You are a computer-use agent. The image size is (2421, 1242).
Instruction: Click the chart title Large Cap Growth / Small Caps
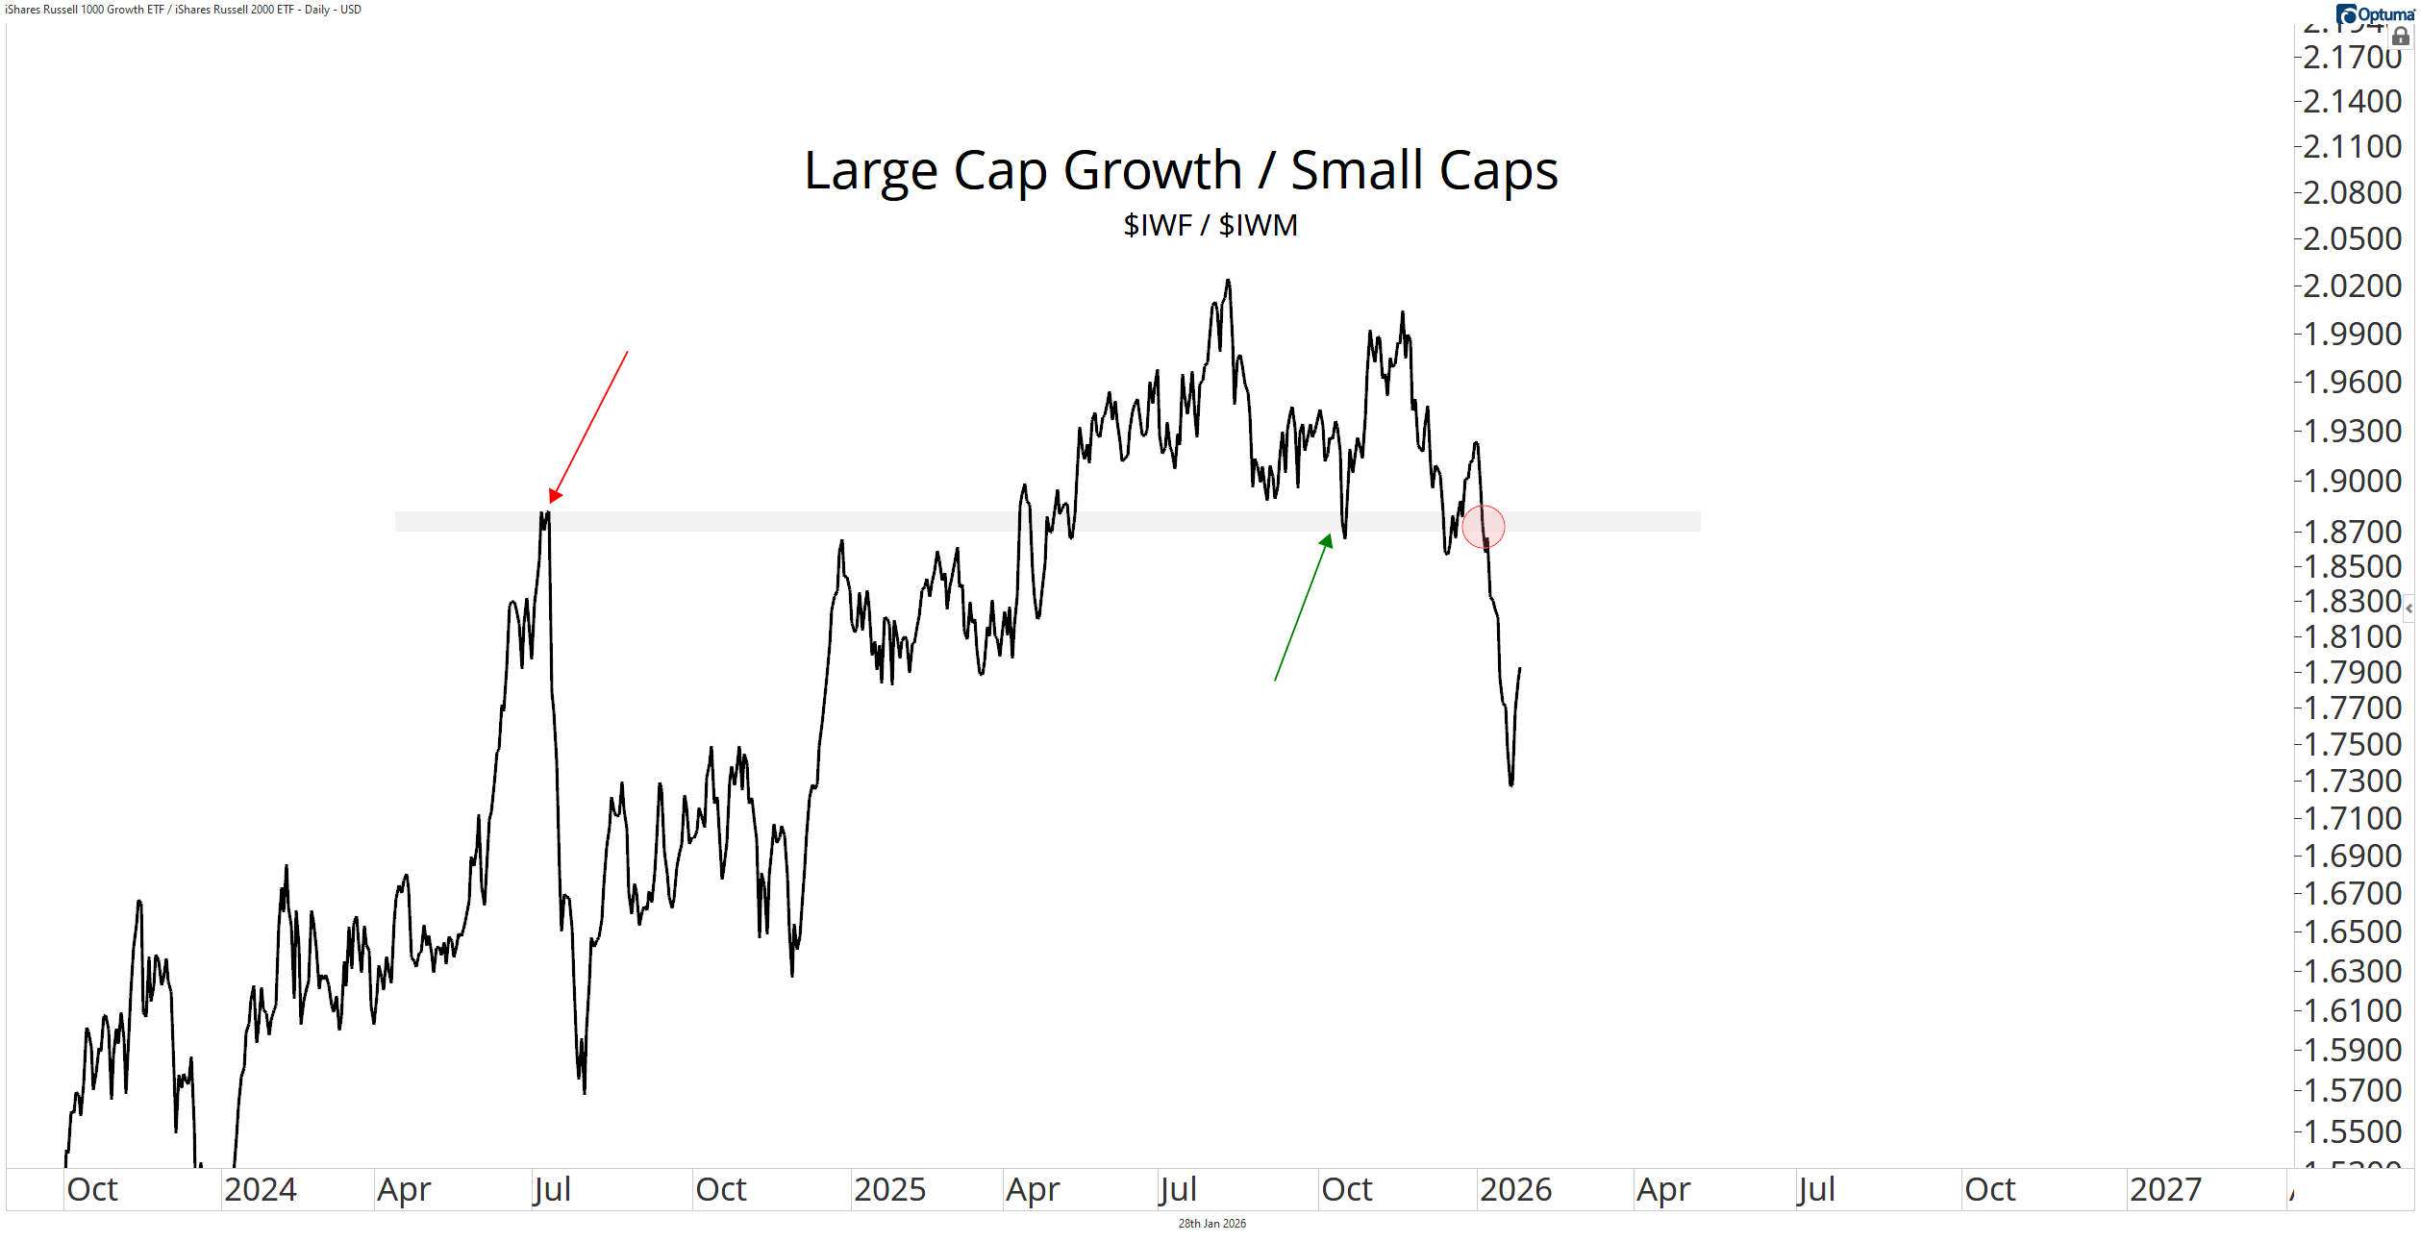(x=1180, y=171)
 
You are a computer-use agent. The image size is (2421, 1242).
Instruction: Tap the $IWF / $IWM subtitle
(x=1210, y=225)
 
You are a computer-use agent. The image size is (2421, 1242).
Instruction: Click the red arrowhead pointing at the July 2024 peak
(x=555, y=495)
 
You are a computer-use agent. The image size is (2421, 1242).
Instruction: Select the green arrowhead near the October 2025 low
(x=1327, y=541)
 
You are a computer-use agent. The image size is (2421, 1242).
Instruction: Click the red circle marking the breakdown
(x=1483, y=527)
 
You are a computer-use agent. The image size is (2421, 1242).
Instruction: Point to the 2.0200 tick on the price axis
(x=2352, y=286)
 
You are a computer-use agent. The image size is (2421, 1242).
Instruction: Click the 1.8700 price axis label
(x=2352, y=532)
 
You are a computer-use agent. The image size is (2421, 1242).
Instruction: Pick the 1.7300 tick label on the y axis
(x=2352, y=781)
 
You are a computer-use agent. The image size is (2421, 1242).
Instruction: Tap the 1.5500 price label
(x=2352, y=1131)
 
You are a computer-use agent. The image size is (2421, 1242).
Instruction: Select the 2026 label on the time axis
(x=1515, y=1190)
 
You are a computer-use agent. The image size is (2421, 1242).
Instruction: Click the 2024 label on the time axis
(x=260, y=1190)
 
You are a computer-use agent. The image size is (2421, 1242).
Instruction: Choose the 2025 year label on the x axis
(x=889, y=1190)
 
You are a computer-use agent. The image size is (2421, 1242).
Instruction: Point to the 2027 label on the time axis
(x=2164, y=1190)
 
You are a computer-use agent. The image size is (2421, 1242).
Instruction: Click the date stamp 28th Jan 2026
(x=1211, y=1224)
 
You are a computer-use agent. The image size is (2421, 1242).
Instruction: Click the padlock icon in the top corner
(x=2401, y=36)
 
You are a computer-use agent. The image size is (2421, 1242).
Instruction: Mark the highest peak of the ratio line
(x=1228, y=281)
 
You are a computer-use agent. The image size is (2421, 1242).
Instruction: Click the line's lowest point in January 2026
(x=1511, y=785)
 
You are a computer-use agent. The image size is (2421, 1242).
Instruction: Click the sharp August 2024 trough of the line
(x=585, y=1092)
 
